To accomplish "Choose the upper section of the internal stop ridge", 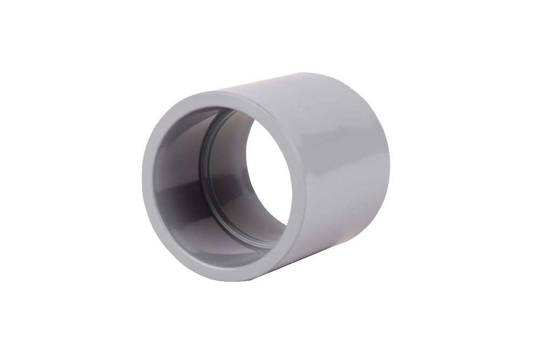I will point(216,121).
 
